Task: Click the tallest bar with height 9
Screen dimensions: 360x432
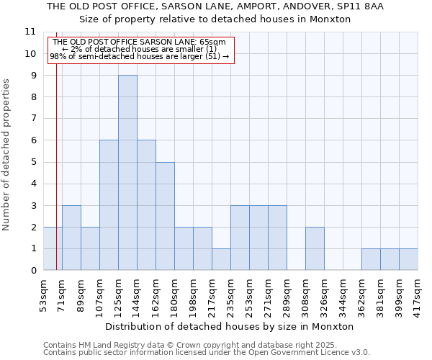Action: [127, 173]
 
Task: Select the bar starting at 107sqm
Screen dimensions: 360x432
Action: [109, 205]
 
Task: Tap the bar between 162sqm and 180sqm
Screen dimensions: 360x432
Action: [165, 216]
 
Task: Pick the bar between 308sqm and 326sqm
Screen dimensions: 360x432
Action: [315, 248]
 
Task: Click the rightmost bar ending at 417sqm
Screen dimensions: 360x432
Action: [408, 259]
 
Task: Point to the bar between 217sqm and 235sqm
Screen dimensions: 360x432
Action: [221, 259]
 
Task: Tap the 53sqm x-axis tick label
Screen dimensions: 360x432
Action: [44, 292]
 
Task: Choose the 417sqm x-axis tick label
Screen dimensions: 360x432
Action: [418, 292]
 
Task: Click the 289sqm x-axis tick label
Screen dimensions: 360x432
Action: [287, 292]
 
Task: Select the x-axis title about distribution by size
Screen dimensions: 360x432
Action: [234, 326]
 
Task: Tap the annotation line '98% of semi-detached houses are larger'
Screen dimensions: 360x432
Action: [140, 55]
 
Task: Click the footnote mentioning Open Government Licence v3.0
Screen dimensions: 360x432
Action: [207, 353]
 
